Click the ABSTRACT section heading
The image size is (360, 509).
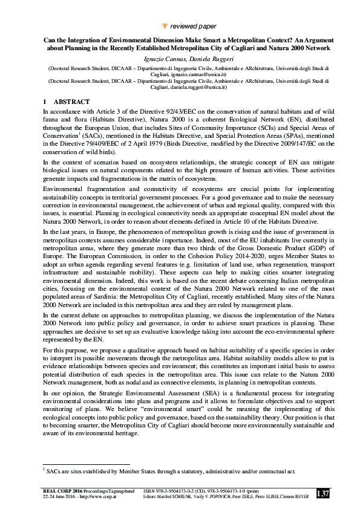(x=71, y=102)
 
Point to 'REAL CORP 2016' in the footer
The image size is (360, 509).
(x=63, y=491)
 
